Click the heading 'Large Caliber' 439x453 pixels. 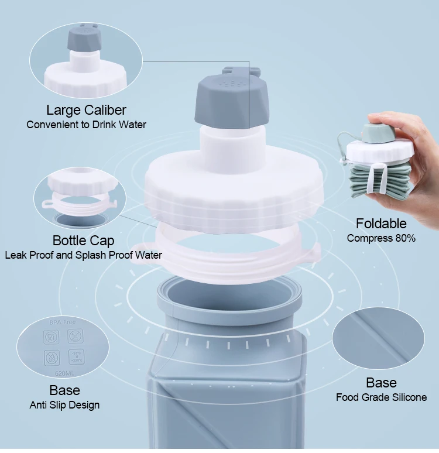86,109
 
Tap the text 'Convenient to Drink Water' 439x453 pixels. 86,124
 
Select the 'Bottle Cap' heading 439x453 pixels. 83,240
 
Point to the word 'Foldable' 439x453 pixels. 381,223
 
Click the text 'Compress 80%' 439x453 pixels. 381,238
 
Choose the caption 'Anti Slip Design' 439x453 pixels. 64,404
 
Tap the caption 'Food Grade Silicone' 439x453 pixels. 381,397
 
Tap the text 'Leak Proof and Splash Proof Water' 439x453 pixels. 83,255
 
